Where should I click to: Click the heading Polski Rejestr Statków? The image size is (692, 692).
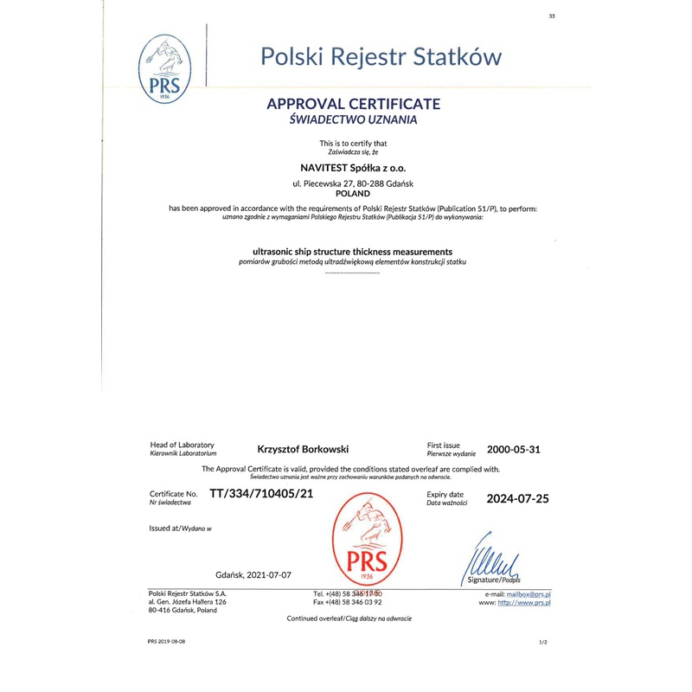pos(381,57)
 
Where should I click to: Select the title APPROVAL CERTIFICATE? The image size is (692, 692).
pos(354,104)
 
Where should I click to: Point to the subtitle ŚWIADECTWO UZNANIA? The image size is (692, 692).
pos(353,120)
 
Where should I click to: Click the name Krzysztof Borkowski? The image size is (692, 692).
pos(303,449)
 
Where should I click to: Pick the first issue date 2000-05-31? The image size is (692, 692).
pos(514,449)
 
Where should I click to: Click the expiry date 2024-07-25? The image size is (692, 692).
pos(517,498)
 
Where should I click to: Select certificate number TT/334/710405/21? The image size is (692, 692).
pos(261,494)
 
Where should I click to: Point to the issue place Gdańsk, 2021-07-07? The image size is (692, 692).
pos(253,574)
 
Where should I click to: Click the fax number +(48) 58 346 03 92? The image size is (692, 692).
pos(356,602)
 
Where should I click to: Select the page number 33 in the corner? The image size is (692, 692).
pos(551,16)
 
